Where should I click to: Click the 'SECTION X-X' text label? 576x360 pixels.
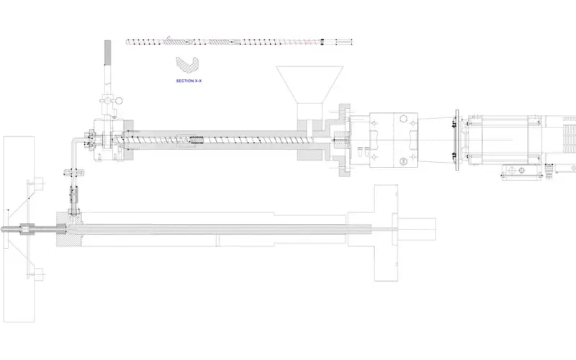pos(189,81)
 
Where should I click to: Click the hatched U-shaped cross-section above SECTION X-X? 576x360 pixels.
pos(186,66)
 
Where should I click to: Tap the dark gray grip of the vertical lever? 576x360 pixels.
pos(107,53)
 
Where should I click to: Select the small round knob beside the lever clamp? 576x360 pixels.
pos(119,101)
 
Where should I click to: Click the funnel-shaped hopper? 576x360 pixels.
pos(310,84)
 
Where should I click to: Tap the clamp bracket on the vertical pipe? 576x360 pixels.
pos(74,172)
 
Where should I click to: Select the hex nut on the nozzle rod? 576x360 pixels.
pos(27,230)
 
